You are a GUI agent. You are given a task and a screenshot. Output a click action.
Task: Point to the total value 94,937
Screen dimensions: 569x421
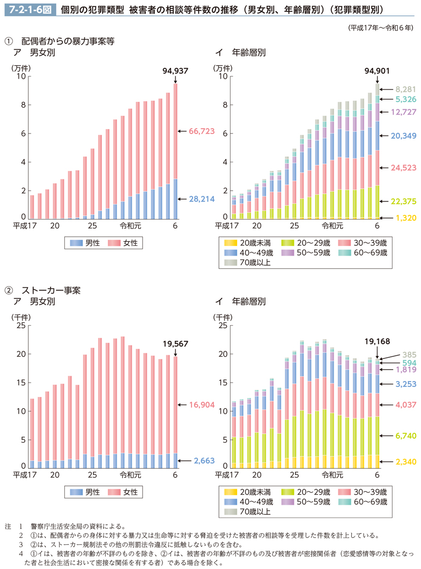click(175, 70)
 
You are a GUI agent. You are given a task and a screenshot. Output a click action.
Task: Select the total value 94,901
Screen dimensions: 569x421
click(377, 70)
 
